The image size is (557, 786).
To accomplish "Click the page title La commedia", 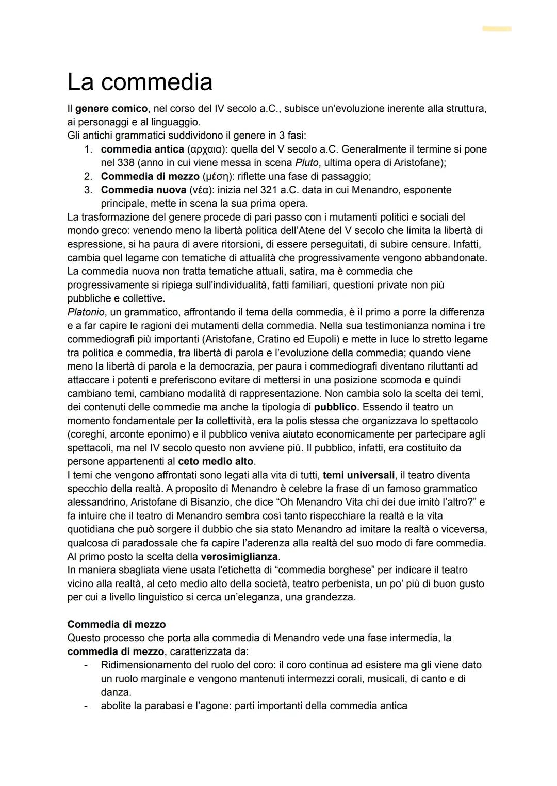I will (x=140, y=82).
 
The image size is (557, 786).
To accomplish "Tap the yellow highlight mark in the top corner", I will (x=497, y=29).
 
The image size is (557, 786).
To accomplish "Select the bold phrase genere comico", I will (x=111, y=109).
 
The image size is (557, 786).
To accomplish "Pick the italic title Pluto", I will (x=306, y=163).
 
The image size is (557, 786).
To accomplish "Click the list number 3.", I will (x=88, y=190).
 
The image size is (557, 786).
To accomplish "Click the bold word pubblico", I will (x=335, y=407).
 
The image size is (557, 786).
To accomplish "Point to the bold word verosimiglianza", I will (x=239, y=556).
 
